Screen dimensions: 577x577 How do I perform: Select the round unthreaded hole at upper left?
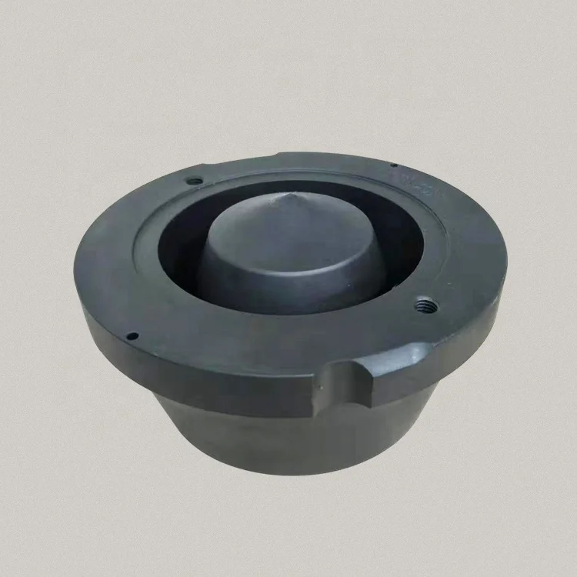pos(195,182)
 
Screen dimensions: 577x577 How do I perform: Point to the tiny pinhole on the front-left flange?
pos(133,335)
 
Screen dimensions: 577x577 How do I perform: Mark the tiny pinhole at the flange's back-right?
pos(394,165)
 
